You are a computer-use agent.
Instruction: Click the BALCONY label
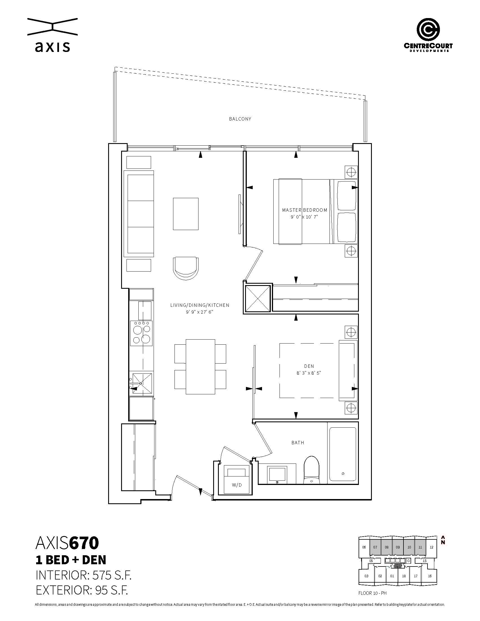tap(240, 119)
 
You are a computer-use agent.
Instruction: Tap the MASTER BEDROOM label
tap(305, 210)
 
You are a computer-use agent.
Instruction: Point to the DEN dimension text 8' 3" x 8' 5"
tap(309, 373)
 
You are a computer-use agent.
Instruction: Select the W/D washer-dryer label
tap(237, 485)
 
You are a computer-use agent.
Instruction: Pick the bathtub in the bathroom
tap(343, 454)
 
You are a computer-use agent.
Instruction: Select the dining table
tap(200, 366)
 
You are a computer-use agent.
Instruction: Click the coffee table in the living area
tap(186, 214)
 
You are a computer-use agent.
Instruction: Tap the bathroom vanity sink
tap(277, 474)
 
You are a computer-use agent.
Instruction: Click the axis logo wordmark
tap(52, 47)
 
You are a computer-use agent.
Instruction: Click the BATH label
tap(298, 443)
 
